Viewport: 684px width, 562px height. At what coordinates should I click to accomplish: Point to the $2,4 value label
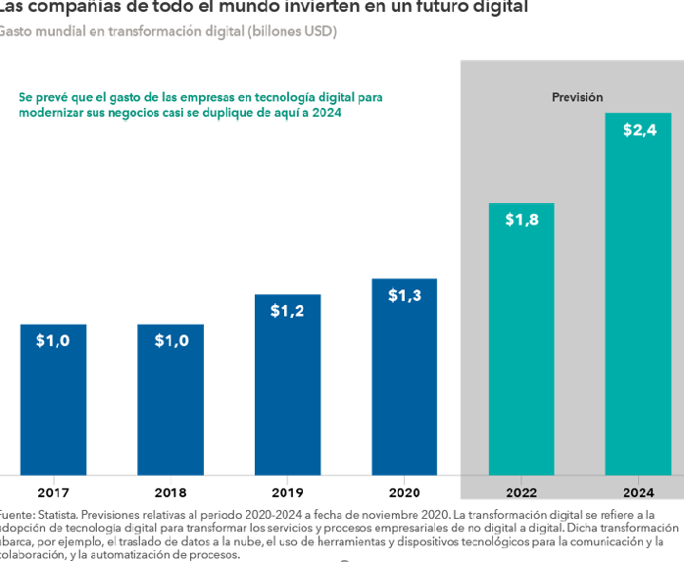click(639, 130)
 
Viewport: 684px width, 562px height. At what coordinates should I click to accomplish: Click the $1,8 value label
click(521, 220)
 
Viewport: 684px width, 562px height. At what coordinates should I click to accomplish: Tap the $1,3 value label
click(404, 294)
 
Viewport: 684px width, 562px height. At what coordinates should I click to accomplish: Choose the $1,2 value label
click(287, 311)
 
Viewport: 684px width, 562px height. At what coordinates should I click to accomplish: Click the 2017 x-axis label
click(53, 492)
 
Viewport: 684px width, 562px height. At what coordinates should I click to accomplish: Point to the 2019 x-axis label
click(287, 492)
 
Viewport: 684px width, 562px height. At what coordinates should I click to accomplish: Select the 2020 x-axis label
click(404, 492)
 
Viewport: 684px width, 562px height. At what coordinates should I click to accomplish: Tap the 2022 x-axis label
click(521, 492)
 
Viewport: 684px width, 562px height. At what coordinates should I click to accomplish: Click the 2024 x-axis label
click(638, 492)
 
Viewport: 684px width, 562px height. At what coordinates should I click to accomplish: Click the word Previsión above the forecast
click(577, 97)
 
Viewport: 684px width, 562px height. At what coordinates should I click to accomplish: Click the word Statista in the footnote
click(56, 514)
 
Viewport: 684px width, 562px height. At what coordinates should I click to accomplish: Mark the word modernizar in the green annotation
click(51, 113)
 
